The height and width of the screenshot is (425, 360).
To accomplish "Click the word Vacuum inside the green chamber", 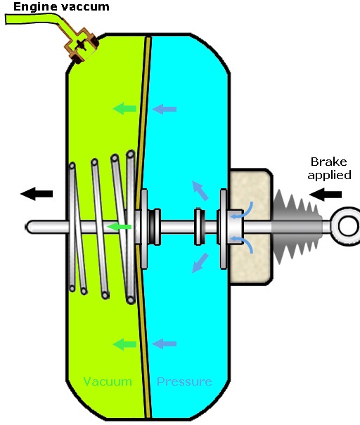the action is click(x=108, y=381).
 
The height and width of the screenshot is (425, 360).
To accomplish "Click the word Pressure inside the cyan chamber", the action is click(x=184, y=381).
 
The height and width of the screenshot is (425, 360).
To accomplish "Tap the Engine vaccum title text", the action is click(x=61, y=7).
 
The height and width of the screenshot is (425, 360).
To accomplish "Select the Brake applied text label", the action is click(x=329, y=169).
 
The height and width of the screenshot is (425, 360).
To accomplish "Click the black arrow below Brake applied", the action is click(x=326, y=194).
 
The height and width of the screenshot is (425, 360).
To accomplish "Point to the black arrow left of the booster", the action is click(x=37, y=193).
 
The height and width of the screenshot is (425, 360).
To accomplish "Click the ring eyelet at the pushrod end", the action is click(x=347, y=225).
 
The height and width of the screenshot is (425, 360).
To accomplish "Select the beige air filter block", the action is click(x=250, y=227).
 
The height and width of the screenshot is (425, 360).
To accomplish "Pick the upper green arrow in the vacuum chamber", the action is click(x=124, y=108).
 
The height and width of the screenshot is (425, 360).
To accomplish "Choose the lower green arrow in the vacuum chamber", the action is click(x=124, y=344).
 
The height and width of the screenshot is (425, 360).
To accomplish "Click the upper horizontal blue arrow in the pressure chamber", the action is click(x=165, y=109).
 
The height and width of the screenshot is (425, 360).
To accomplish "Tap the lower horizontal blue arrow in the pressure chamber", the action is click(x=165, y=344).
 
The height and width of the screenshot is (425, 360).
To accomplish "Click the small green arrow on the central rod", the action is click(x=119, y=227).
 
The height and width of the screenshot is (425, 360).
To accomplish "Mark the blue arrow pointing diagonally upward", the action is click(x=200, y=190).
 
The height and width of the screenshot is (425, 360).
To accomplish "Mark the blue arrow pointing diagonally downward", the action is click(x=200, y=263).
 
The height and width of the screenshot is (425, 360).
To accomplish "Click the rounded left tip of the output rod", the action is click(x=27, y=227).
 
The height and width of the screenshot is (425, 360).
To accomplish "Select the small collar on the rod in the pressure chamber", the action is click(x=199, y=227).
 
